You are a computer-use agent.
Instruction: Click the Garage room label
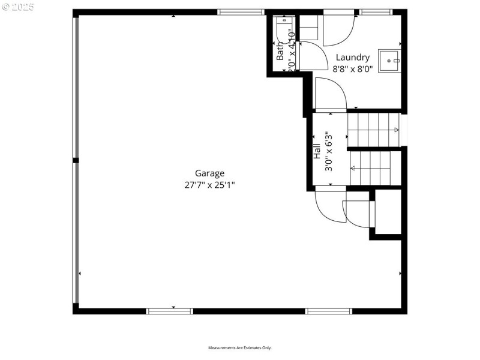[x=209, y=173]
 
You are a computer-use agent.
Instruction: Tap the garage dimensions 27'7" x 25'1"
[x=209, y=185]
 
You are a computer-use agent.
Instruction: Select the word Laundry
[x=352, y=58]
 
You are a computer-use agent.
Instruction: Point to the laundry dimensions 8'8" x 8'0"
[x=353, y=68]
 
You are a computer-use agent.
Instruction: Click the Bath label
[x=280, y=50]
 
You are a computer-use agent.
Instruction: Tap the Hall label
[x=317, y=150]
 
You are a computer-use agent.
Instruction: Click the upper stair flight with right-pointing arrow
[x=373, y=130]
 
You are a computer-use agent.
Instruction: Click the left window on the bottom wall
[x=169, y=311]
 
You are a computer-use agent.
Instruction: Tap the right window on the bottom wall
[x=328, y=311]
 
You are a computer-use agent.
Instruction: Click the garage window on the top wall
[x=241, y=12]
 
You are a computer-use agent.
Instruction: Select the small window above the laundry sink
[x=376, y=12]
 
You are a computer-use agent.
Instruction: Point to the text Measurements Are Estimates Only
[x=240, y=348]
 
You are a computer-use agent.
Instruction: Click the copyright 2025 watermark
[x=19, y=7]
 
